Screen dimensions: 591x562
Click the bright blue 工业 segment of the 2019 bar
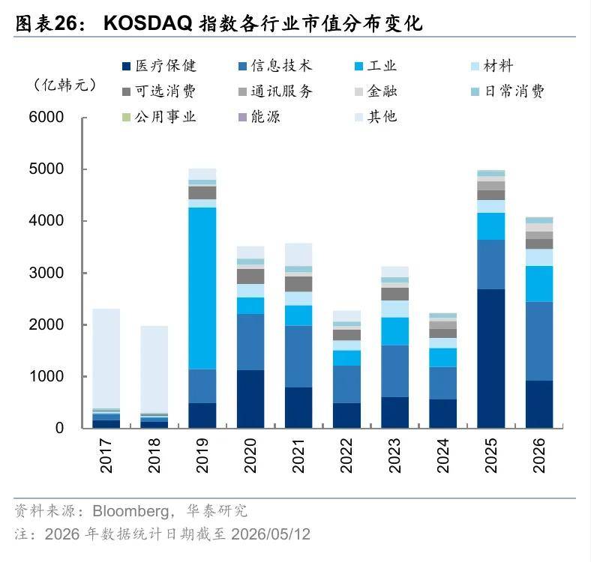[202, 288]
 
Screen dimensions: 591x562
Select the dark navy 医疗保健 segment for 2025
[491, 358]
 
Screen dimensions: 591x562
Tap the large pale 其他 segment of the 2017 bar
[106, 359]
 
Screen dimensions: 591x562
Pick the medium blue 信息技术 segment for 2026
[539, 341]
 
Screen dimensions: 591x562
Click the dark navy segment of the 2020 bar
[250, 399]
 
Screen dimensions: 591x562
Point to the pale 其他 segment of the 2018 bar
[154, 369]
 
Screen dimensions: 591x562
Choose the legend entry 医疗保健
[160, 66]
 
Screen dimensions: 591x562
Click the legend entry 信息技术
[275, 66]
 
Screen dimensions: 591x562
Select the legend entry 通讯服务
[275, 91]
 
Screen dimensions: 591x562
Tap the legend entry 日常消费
[508, 91]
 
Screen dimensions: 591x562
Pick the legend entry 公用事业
[160, 117]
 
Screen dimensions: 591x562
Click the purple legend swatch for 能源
[242, 117]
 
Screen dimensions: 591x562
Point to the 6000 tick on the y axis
[85, 118]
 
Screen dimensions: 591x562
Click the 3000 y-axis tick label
[46, 273]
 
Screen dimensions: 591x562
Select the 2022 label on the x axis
[346, 456]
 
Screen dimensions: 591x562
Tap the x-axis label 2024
[442, 456]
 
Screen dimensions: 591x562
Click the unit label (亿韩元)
[64, 85]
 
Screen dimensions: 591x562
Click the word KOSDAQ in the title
[148, 23]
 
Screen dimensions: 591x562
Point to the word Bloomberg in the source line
[131, 512]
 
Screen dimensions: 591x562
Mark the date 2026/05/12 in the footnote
[271, 534]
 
